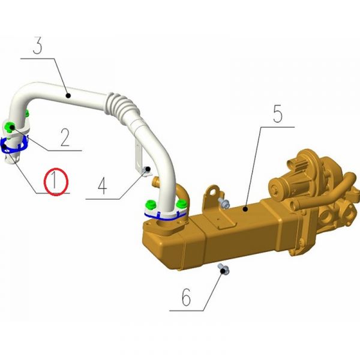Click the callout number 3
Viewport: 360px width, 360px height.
(38, 45)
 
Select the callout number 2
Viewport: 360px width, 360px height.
(65, 137)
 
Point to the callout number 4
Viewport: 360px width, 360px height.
(103, 186)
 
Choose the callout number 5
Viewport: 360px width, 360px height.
(278, 113)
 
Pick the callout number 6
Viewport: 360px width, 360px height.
(186, 297)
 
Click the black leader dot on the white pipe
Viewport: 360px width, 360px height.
(68, 95)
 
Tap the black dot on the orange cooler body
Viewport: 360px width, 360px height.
(245, 209)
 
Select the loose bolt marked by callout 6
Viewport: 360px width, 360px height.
(223, 269)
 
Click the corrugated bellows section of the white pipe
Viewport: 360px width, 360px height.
(122, 106)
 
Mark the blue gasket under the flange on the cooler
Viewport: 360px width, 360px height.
(165, 216)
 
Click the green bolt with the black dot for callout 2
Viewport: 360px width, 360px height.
(10, 127)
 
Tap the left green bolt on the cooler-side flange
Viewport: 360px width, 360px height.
(151, 205)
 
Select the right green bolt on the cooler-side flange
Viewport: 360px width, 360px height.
(181, 203)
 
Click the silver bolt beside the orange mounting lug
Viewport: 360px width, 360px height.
(224, 203)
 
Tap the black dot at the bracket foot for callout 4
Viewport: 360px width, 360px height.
(148, 169)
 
